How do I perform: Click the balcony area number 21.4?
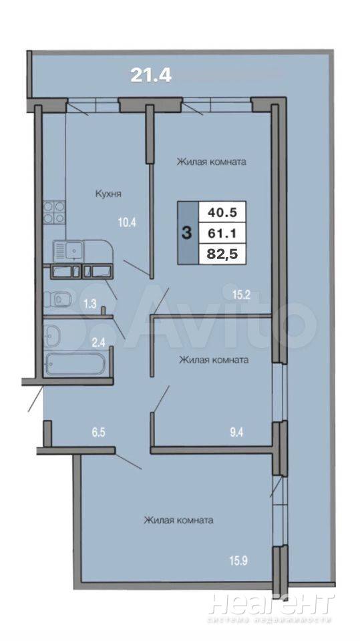coord(150,75)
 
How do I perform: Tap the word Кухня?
coord(108,194)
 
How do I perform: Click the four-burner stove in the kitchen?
coord(55,212)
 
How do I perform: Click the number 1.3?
coord(90,303)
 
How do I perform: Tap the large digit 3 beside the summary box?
coord(186,234)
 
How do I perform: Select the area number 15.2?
coord(242,294)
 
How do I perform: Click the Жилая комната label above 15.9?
coord(178,521)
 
